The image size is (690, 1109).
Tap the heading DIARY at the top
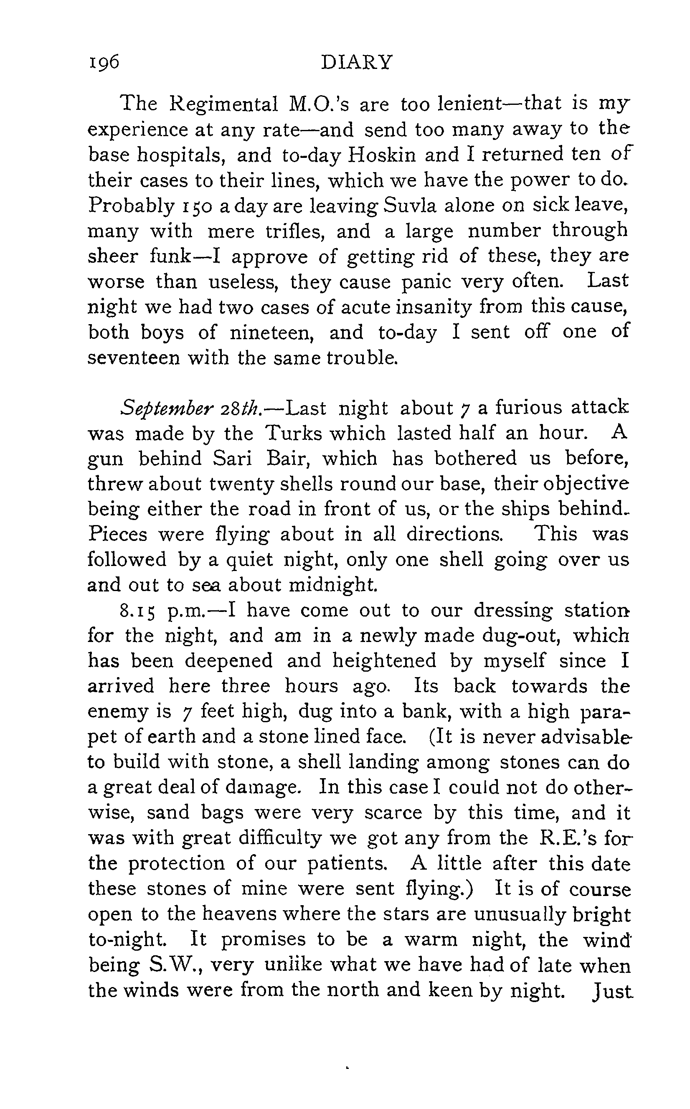(356, 62)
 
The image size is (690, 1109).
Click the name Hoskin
(382, 155)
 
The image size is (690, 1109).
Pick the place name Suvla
(409, 206)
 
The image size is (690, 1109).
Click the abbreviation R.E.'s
(562, 838)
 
